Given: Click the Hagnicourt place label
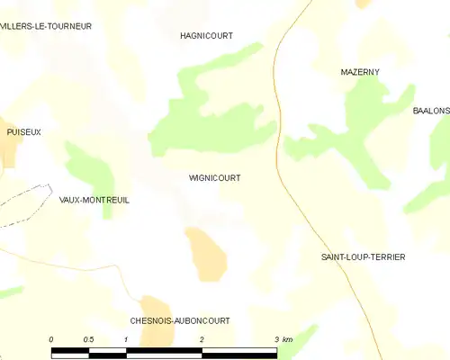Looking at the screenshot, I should [207, 36].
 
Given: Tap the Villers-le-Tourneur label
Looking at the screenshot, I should [46, 26].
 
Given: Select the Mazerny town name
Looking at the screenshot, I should [359, 71].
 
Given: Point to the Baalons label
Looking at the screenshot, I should [430, 111].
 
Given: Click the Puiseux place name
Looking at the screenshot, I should [24, 131].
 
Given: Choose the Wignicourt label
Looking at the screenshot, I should [214, 178].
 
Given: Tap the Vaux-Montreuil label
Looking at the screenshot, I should [94, 200].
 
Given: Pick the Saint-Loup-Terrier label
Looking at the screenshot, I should [363, 257].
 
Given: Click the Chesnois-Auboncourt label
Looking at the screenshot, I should [180, 320].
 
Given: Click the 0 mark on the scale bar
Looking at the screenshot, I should [51, 339].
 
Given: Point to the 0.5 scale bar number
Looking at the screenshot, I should [87, 339].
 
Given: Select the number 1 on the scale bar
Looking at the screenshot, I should [126, 339].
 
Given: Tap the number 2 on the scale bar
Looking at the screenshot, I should [202, 339].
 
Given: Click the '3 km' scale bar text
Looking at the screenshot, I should [282, 339].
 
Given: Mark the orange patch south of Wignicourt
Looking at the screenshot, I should [205, 252].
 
